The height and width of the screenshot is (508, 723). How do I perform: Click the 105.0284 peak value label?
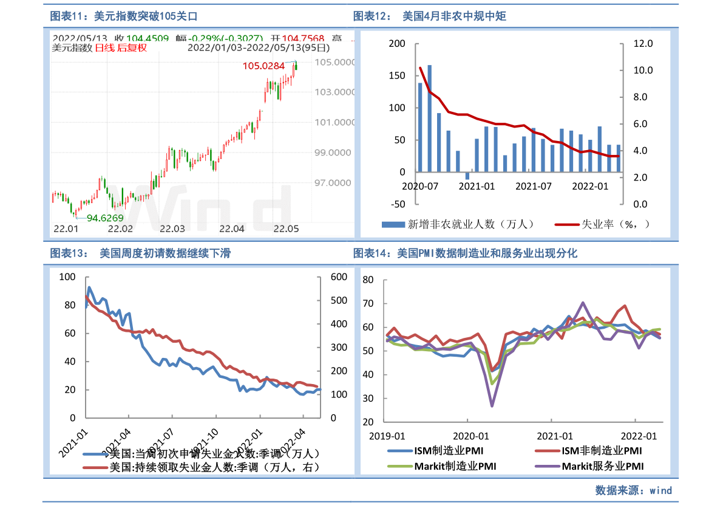(x=263, y=66)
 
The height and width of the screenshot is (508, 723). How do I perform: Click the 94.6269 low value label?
(x=105, y=218)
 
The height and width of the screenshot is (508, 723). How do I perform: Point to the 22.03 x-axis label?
(x=172, y=229)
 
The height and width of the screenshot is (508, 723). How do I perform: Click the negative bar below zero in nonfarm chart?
(x=467, y=176)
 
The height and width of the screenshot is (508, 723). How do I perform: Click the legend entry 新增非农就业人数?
(x=458, y=224)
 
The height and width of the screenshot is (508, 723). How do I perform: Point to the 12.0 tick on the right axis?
(x=643, y=44)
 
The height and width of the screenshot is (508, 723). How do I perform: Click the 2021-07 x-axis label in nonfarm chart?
(x=534, y=186)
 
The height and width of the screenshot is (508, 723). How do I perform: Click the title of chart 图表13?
(x=140, y=253)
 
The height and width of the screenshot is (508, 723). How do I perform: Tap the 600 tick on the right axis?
(x=338, y=277)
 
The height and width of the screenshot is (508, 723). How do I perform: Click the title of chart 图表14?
(x=465, y=253)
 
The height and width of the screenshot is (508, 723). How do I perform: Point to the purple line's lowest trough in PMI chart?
(x=492, y=405)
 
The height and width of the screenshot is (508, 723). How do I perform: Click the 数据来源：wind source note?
(x=633, y=490)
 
